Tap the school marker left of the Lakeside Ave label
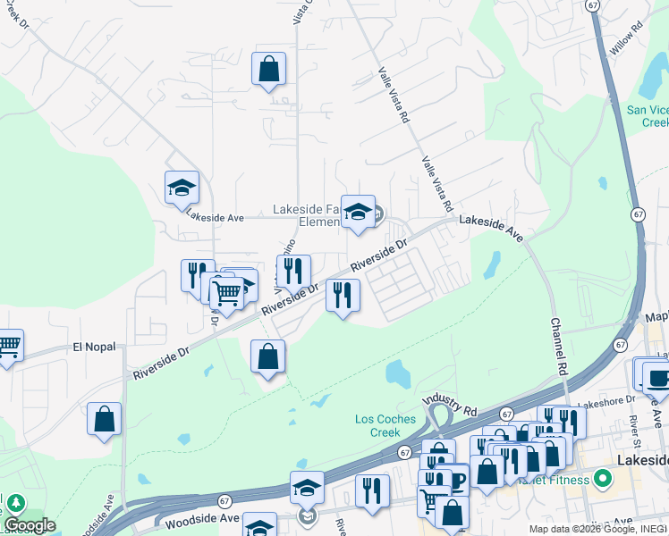pyautogui.click(x=182, y=188)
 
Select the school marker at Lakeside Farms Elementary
pyautogui.click(x=358, y=213)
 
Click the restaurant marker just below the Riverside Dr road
pyautogui.click(x=343, y=296)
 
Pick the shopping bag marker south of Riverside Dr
pyautogui.click(x=267, y=357)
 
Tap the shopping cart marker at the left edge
pyautogui.click(x=7, y=346)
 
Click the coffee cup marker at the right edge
pyautogui.click(x=657, y=376)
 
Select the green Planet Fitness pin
pyautogui.click(x=603, y=480)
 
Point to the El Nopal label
pyautogui.click(x=94, y=347)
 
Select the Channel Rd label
pyautogui.click(x=559, y=346)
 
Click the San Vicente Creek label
pyautogui.click(x=648, y=116)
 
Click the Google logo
pyautogui.click(x=30, y=525)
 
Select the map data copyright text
pyautogui.click(x=597, y=529)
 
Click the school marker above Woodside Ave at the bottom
pyautogui.click(x=307, y=489)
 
